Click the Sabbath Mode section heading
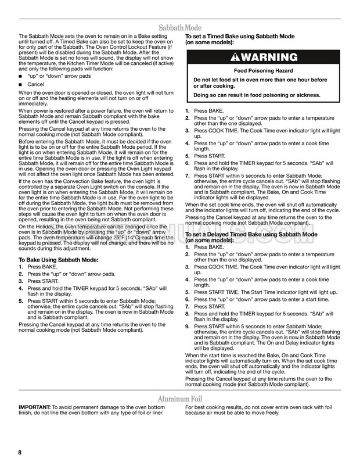point(179,27)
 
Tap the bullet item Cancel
point(36,84)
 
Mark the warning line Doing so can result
point(255,95)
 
